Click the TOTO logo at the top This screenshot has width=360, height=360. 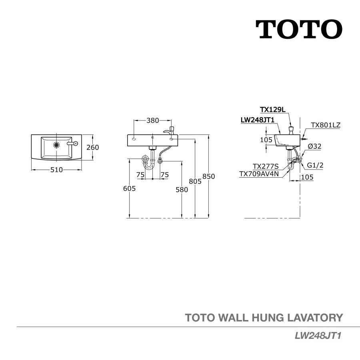coord(299,29)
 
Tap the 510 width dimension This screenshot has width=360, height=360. coord(57,170)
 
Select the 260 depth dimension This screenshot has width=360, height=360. coord(93,147)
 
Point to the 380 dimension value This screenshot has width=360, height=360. coord(152,120)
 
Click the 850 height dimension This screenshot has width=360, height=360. coord(209,176)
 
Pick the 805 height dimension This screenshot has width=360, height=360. coord(195,180)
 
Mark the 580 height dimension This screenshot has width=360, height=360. coord(182,190)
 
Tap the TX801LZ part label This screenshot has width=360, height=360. coord(325,125)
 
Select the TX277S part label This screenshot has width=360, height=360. coord(265,166)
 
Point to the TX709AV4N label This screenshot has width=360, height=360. coord(259,174)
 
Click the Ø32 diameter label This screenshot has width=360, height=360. coord(314,146)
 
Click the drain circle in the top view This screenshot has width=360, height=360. coord(56,144)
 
